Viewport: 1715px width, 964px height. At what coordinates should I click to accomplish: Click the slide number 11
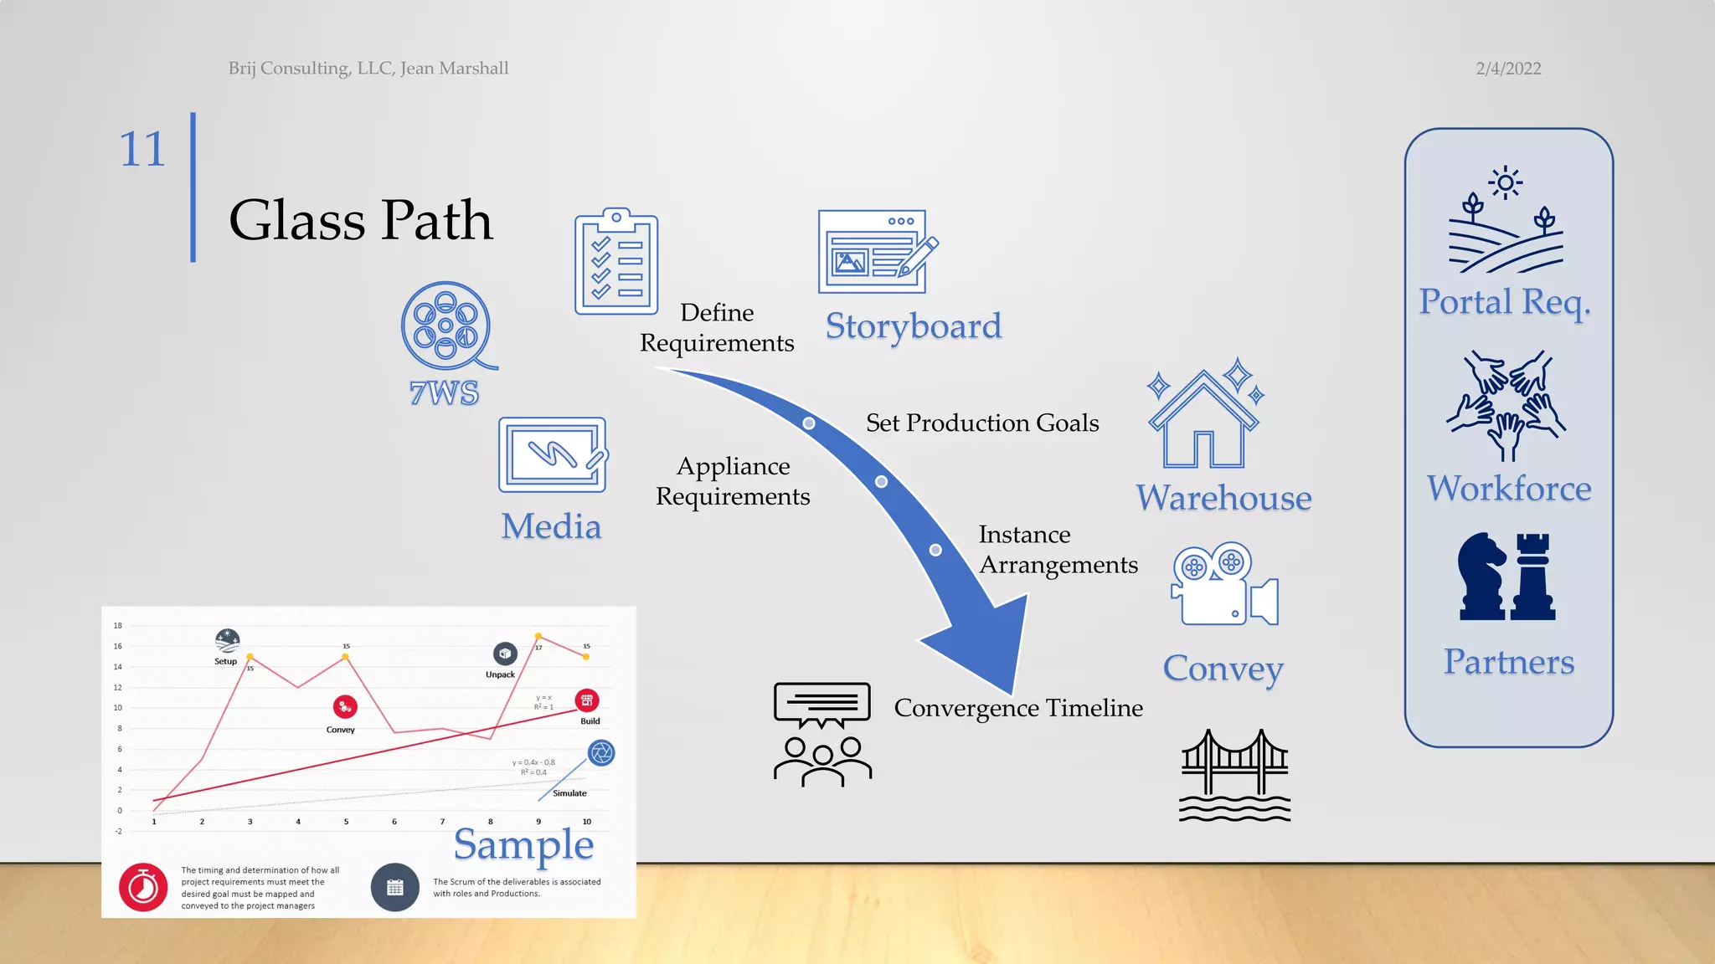point(142,150)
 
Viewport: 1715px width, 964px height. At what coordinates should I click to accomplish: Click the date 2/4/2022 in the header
point(1508,69)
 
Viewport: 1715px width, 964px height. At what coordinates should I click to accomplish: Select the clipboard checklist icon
point(616,262)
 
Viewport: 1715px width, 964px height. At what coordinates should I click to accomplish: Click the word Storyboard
point(914,326)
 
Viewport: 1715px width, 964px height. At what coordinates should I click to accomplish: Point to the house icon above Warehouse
point(1204,418)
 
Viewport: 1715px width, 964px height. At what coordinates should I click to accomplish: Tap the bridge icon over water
point(1234,775)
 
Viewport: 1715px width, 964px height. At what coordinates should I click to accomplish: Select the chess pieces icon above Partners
point(1506,577)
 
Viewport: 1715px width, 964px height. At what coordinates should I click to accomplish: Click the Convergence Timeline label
point(1018,708)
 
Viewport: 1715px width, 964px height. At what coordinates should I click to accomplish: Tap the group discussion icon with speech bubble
point(822,734)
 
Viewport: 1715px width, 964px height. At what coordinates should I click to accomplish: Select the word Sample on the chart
point(523,845)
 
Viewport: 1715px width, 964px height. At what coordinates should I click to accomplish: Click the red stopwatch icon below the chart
point(143,887)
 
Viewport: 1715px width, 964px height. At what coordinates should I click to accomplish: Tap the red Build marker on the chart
point(587,700)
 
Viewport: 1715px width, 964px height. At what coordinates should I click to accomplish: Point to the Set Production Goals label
point(982,423)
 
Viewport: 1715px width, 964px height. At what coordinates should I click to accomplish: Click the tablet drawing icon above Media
point(553,454)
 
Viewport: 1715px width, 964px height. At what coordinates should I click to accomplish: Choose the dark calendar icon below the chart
point(395,887)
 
